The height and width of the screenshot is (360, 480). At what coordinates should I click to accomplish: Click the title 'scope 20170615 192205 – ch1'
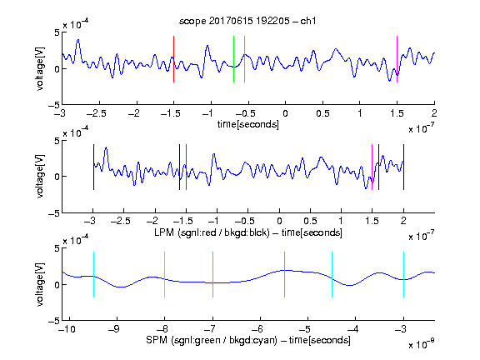pyautogui.click(x=247, y=21)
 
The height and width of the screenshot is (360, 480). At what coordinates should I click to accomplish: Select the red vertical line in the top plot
pyautogui.click(x=174, y=59)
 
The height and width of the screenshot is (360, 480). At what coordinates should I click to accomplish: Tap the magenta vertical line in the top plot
pyautogui.click(x=397, y=59)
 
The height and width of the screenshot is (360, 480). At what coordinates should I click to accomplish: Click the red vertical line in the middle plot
pyautogui.click(x=186, y=167)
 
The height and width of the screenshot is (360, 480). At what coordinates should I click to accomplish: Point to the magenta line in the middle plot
pyautogui.click(x=372, y=167)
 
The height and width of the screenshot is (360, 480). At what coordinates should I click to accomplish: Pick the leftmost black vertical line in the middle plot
pyautogui.click(x=93, y=167)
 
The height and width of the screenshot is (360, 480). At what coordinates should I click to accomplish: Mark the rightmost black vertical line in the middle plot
pyautogui.click(x=404, y=167)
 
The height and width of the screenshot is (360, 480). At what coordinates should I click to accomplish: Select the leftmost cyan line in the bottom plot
pyautogui.click(x=93, y=275)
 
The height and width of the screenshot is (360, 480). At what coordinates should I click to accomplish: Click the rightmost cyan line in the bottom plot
pyautogui.click(x=404, y=275)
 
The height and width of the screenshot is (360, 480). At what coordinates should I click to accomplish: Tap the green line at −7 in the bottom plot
pyautogui.click(x=212, y=275)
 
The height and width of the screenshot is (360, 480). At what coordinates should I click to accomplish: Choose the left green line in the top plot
pyautogui.click(x=234, y=59)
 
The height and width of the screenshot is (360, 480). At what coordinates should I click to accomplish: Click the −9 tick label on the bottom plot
pyautogui.click(x=114, y=329)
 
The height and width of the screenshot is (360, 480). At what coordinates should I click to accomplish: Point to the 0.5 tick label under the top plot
pyautogui.click(x=322, y=113)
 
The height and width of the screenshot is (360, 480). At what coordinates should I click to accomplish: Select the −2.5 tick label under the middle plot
pyautogui.click(x=121, y=221)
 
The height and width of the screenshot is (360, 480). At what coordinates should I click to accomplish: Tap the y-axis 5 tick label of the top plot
pyautogui.click(x=57, y=32)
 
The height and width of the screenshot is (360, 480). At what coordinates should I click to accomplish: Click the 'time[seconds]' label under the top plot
pyautogui.click(x=248, y=124)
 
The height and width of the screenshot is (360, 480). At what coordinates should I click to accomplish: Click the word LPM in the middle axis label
pyautogui.click(x=164, y=232)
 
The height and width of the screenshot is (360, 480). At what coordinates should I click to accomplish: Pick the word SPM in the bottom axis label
pyautogui.click(x=157, y=340)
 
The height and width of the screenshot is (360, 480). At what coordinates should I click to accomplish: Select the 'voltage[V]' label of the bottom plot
pyautogui.click(x=40, y=284)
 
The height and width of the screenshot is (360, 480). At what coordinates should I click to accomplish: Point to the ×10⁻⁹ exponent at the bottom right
pyautogui.click(x=422, y=343)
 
